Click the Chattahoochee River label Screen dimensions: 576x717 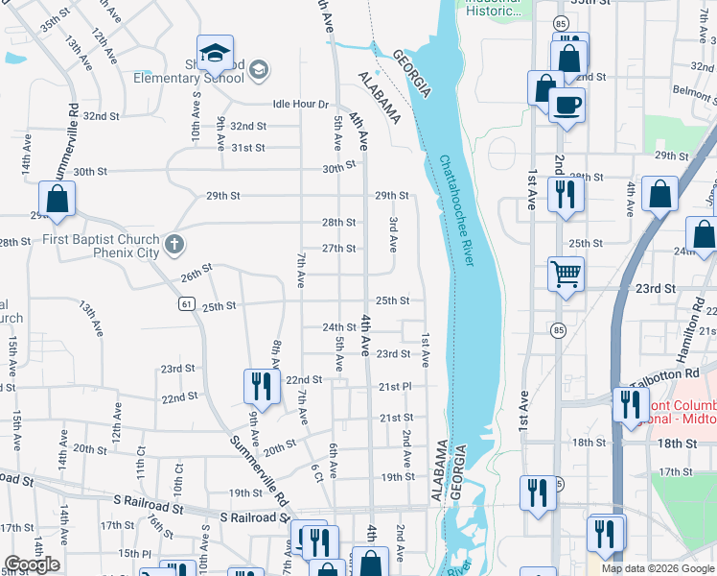point(457,212)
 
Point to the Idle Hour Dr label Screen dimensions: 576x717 point(300,104)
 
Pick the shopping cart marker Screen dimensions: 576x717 point(566,274)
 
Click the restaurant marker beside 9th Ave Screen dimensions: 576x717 point(262,386)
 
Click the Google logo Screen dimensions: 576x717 point(32,564)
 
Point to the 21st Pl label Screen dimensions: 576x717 point(394,386)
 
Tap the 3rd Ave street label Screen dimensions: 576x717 point(394,234)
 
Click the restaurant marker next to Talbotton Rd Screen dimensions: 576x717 point(630,404)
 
